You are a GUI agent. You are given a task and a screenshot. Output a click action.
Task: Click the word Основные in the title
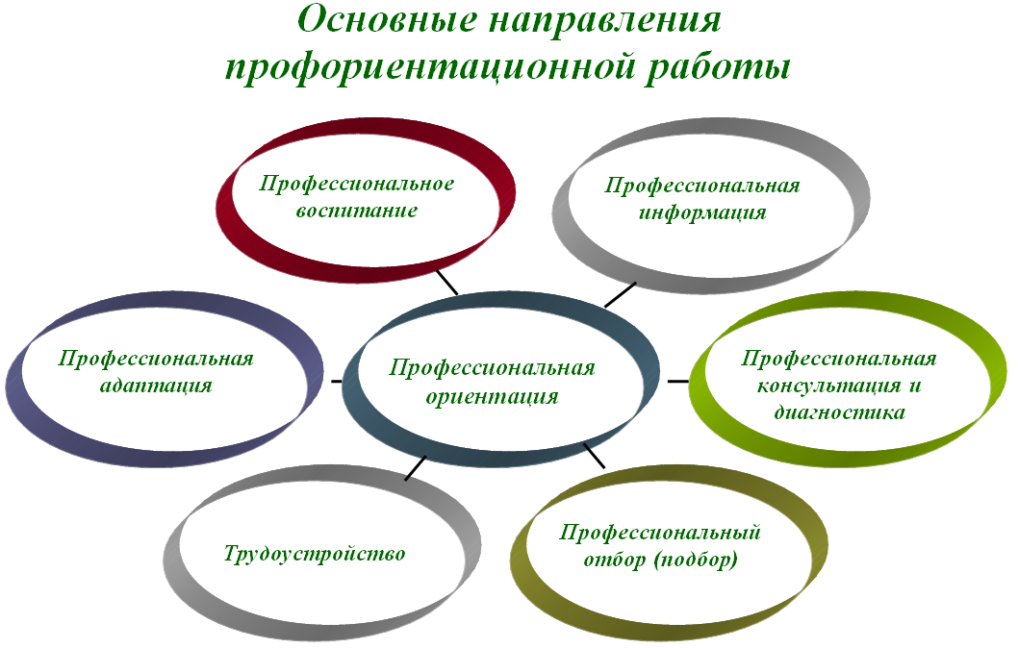click(386, 21)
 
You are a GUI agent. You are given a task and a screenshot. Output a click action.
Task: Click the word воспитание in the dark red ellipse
click(356, 210)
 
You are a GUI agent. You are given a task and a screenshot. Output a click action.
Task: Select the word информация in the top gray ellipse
click(702, 212)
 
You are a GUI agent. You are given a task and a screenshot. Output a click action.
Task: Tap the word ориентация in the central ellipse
click(492, 396)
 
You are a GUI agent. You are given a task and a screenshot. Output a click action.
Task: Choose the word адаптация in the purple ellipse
click(156, 386)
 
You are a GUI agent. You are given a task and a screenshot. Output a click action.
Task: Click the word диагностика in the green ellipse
click(839, 413)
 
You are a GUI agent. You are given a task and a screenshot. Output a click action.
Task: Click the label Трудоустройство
click(315, 554)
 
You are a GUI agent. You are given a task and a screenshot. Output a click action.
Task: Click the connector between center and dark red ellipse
click(446, 283)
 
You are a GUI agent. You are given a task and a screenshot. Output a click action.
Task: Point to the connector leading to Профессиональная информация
click(621, 294)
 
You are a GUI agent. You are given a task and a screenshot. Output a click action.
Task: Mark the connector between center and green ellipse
click(678, 381)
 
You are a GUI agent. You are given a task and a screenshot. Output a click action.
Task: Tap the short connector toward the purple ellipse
click(336, 382)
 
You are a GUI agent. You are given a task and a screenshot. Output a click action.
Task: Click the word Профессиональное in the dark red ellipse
click(357, 183)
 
